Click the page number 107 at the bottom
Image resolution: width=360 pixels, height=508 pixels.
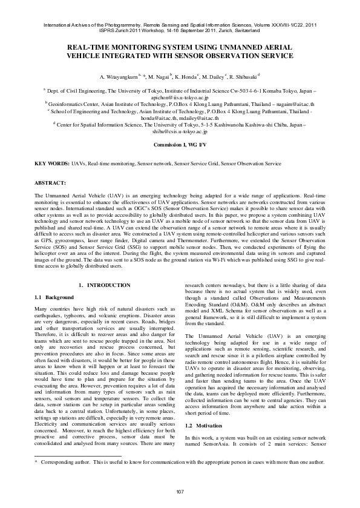tap(180, 490)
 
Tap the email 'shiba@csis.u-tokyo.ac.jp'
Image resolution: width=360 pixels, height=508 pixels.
tap(180, 130)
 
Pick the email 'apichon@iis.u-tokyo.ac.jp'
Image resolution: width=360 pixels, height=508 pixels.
tap(180, 97)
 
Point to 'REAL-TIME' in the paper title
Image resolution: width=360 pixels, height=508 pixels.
tap(87, 47)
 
